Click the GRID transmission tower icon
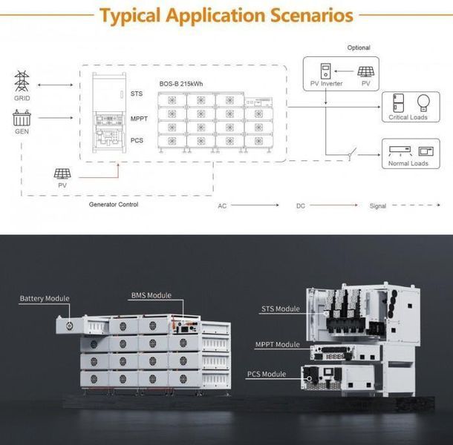22,81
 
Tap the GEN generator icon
22,118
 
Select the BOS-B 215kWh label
181,84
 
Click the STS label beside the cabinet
137,93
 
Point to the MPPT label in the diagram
139,119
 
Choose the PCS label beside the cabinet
137,140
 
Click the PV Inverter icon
325,71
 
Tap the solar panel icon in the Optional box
366,72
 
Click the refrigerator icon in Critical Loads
398,103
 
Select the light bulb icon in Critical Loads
423,103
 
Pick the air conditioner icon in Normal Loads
400,151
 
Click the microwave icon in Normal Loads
426,151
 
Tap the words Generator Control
114,204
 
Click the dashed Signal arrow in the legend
416,205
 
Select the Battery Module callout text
45,298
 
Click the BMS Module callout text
151,295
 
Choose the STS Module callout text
281,309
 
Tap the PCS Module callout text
267,374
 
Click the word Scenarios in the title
312,15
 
